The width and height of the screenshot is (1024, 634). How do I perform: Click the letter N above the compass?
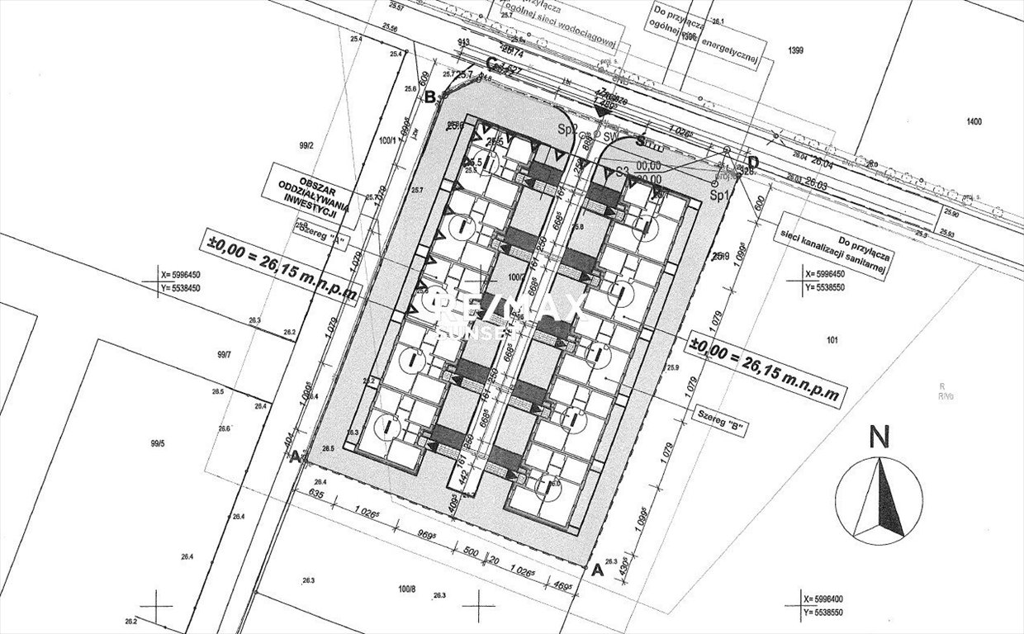879,438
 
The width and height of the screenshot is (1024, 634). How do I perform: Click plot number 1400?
974,122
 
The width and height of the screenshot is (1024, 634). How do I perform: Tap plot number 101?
832,339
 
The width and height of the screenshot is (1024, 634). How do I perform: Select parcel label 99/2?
306,144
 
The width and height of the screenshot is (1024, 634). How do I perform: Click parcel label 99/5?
158,443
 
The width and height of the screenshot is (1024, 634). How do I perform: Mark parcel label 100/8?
406,589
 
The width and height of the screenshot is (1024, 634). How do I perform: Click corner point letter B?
429,97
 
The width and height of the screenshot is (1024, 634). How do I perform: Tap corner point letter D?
752,161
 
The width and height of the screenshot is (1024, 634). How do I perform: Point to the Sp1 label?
719,196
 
